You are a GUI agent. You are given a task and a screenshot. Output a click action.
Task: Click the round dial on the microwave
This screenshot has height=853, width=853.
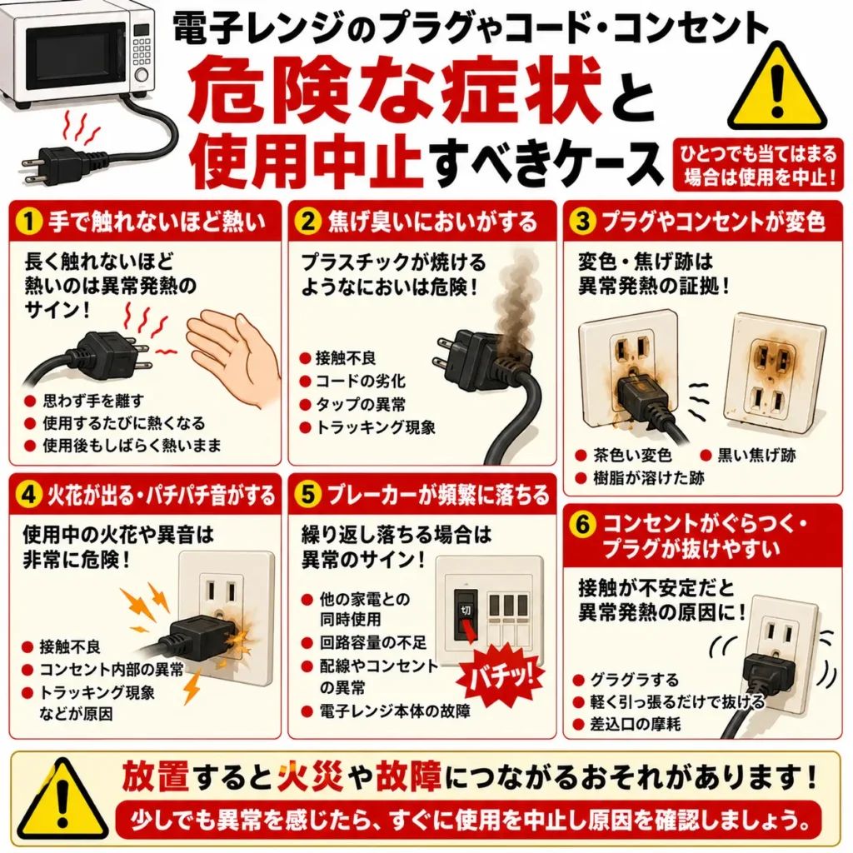tap(142, 74)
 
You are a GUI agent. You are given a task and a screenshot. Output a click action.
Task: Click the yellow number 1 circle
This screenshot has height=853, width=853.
tap(29, 222)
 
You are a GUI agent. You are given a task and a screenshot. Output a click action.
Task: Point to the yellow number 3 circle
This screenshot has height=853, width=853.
tap(582, 221)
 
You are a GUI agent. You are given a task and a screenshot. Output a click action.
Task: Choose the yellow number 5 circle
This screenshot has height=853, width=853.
tap(307, 495)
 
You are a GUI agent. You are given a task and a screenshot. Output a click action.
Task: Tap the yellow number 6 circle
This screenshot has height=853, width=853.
tap(582, 525)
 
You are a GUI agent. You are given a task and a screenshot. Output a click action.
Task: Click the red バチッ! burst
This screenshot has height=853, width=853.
tap(501, 675)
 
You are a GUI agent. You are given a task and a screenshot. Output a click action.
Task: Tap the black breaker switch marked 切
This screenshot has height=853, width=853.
tap(466, 615)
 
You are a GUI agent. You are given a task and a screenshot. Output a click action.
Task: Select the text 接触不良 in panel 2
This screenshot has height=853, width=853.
tap(346, 358)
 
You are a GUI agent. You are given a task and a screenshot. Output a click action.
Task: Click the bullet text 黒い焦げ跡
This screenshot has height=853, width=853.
tap(756, 456)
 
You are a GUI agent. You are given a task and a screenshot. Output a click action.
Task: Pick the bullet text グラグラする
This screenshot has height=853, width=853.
tap(634, 680)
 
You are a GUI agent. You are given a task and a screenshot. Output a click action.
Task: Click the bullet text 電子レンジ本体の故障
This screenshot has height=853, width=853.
tap(394, 711)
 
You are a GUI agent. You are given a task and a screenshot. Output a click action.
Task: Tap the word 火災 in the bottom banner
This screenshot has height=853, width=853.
tap(310, 776)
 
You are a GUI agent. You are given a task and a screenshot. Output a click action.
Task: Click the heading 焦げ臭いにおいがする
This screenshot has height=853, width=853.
tap(432, 222)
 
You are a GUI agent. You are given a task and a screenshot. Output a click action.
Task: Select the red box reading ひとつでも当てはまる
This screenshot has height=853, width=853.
tap(758, 165)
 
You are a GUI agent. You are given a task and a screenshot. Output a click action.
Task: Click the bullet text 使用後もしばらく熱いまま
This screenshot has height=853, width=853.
tap(132, 445)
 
